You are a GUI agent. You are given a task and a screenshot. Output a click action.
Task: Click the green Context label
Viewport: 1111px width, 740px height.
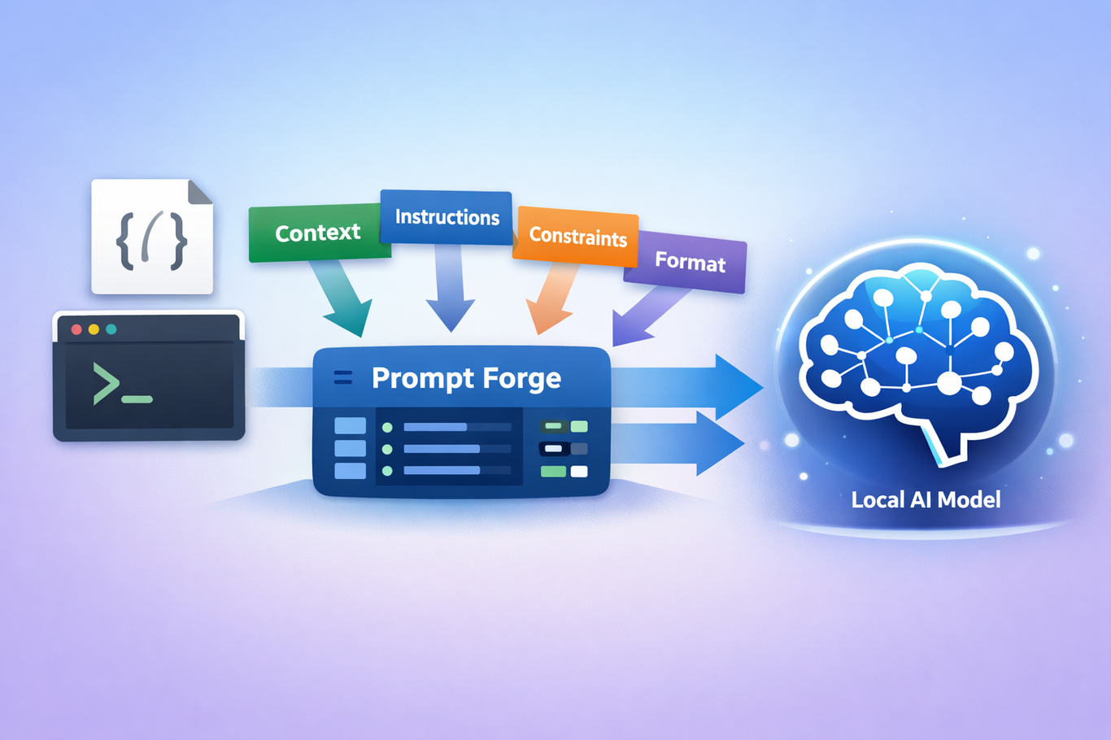[320, 233]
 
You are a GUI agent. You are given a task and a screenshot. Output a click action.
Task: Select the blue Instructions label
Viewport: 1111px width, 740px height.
[447, 217]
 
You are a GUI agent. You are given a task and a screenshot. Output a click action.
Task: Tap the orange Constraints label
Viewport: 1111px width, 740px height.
[577, 237]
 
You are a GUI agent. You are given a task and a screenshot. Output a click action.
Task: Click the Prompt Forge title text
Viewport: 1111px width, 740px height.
[466, 378]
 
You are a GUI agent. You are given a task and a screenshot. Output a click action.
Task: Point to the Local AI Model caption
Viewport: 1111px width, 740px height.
[926, 499]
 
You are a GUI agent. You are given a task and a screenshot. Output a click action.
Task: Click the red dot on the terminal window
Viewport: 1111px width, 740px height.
[76, 329]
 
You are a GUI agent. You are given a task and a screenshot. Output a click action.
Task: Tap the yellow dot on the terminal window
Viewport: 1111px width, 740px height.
[94, 329]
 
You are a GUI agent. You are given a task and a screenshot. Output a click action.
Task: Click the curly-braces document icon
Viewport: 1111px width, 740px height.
[152, 237]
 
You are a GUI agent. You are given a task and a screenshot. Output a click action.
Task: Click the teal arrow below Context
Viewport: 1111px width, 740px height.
[344, 298]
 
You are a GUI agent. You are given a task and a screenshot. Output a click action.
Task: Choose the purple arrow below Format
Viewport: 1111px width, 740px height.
[645, 315]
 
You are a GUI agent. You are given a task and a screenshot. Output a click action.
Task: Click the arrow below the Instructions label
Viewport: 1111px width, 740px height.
[450, 288]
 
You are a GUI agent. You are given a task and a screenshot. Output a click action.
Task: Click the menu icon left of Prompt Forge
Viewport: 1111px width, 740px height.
[343, 377]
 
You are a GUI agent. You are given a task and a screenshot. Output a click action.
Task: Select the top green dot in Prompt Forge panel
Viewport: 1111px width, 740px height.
[387, 428]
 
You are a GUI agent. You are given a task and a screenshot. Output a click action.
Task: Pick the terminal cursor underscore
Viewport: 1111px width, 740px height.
[137, 399]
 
